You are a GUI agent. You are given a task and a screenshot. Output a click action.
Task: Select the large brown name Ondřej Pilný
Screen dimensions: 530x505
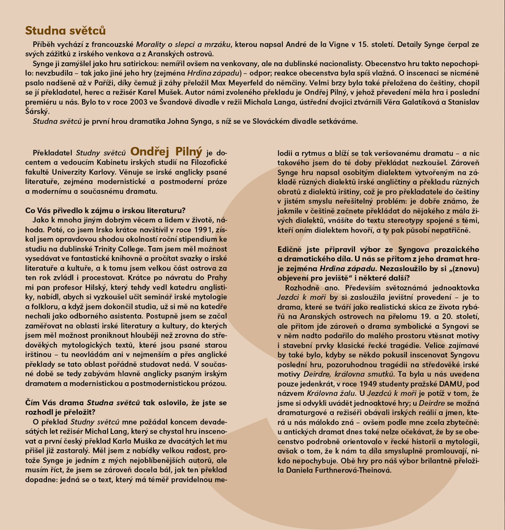click(166, 151)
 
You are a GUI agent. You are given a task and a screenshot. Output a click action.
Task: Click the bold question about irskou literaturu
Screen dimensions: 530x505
click(104, 210)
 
